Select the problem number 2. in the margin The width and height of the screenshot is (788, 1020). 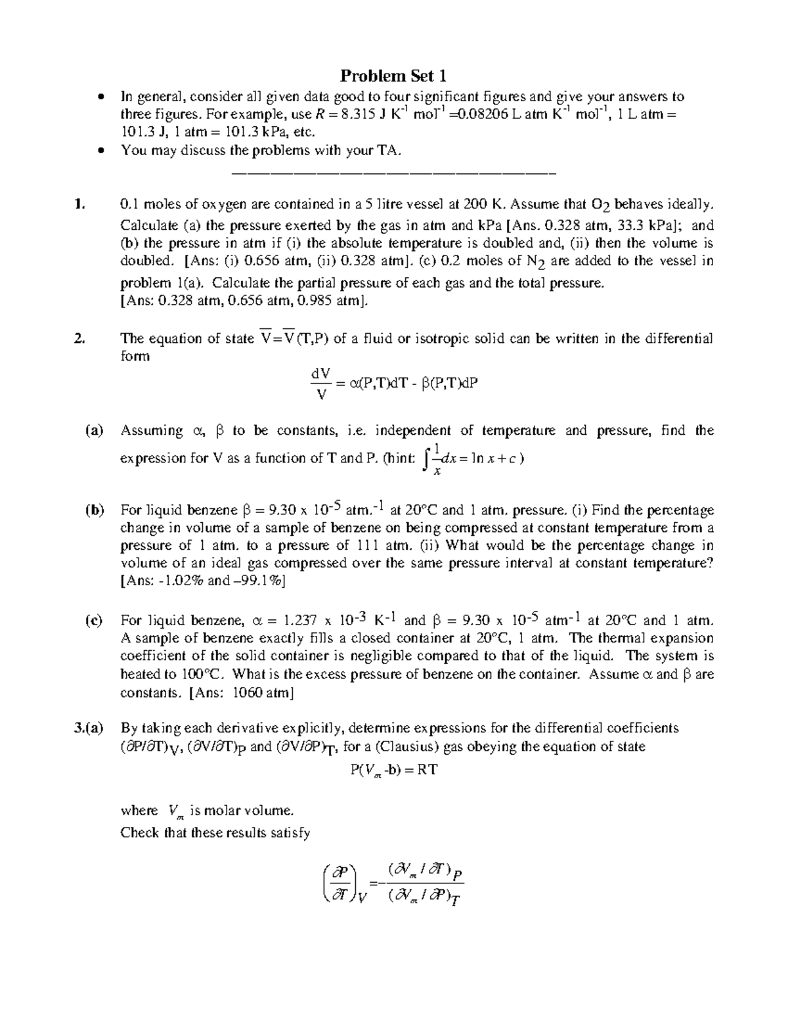(x=79, y=339)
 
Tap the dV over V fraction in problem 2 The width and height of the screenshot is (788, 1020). (x=320, y=384)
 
